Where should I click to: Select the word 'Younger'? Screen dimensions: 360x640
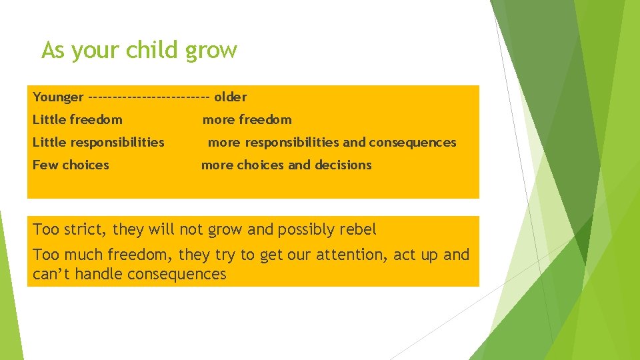[58, 97]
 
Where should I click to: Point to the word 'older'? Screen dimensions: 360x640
[231, 97]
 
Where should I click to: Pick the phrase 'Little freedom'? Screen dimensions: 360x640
[77, 120]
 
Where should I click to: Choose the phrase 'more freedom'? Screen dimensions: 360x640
[247, 120]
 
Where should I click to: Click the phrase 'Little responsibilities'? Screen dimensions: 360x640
[98, 142]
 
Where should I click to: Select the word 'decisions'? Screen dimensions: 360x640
[343, 165]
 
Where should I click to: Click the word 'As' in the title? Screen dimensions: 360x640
[53, 50]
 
